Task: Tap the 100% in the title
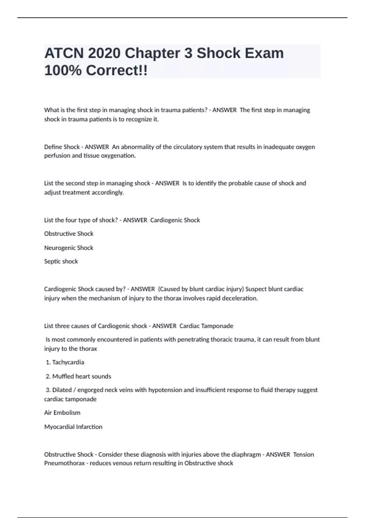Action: click(63, 71)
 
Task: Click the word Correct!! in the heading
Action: click(117, 71)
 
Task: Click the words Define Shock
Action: click(62, 147)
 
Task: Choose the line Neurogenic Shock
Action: click(69, 248)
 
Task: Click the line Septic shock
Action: click(61, 261)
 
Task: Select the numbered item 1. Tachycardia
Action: click(65, 362)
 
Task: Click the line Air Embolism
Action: click(62, 413)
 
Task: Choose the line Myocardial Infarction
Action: click(73, 427)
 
